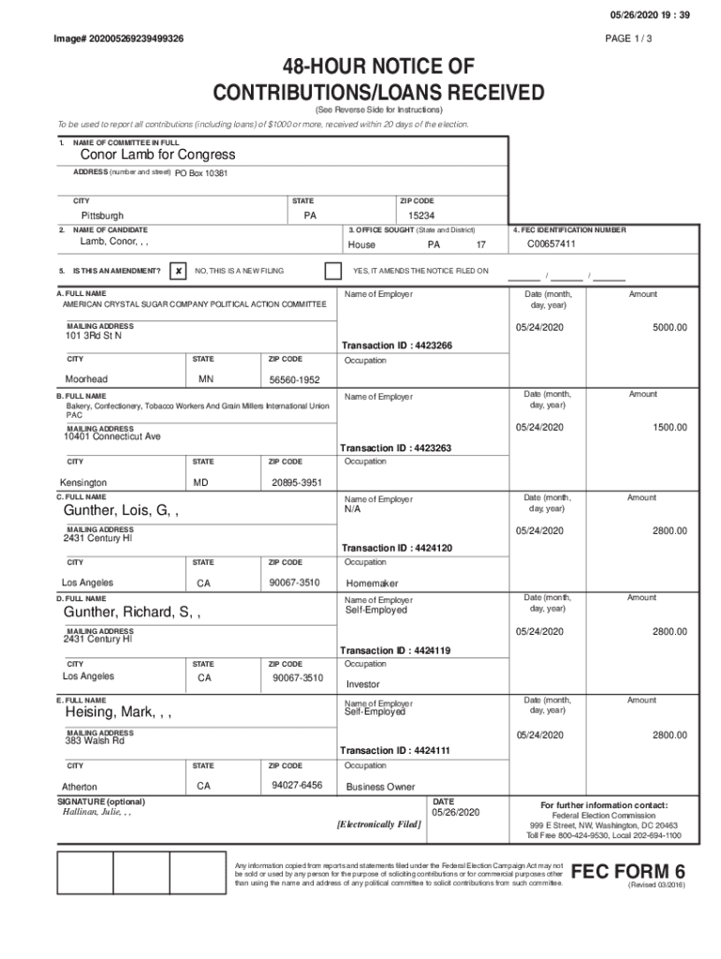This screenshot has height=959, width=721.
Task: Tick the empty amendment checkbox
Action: (x=332, y=271)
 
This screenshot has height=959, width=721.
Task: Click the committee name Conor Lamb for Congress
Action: (x=157, y=155)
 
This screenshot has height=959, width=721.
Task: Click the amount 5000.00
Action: (x=669, y=327)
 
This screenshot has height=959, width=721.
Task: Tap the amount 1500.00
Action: (x=669, y=427)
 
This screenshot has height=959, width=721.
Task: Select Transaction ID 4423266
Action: (x=397, y=346)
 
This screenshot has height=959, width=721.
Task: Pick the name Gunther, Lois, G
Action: (x=121, y=511)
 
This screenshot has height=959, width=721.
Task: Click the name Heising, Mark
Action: (x=118, y=714)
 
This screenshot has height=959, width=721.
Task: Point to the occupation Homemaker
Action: (x=372, y=583)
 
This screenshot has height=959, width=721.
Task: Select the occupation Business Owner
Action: (x=380, y=787)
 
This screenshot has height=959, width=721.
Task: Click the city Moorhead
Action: (x=86, y=379)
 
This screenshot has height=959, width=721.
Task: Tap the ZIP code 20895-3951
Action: (x=297, y=482)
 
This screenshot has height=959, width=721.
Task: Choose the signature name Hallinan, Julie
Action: (x=96, y=813)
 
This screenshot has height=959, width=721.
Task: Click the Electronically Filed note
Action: (x=378, y=824)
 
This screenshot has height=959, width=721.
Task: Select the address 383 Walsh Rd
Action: (x=94, y=741)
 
